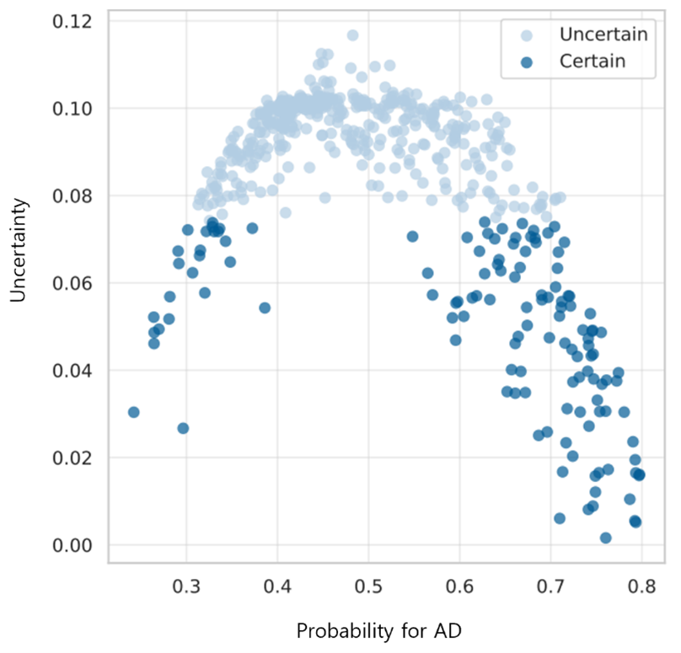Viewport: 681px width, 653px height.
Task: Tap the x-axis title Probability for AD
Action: click(378, 630)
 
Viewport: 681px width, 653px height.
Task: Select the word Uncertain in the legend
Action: click(603, 35)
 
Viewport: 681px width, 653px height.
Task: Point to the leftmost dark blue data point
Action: click(133, 412)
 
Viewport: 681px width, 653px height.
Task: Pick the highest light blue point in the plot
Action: click(352, 35)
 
